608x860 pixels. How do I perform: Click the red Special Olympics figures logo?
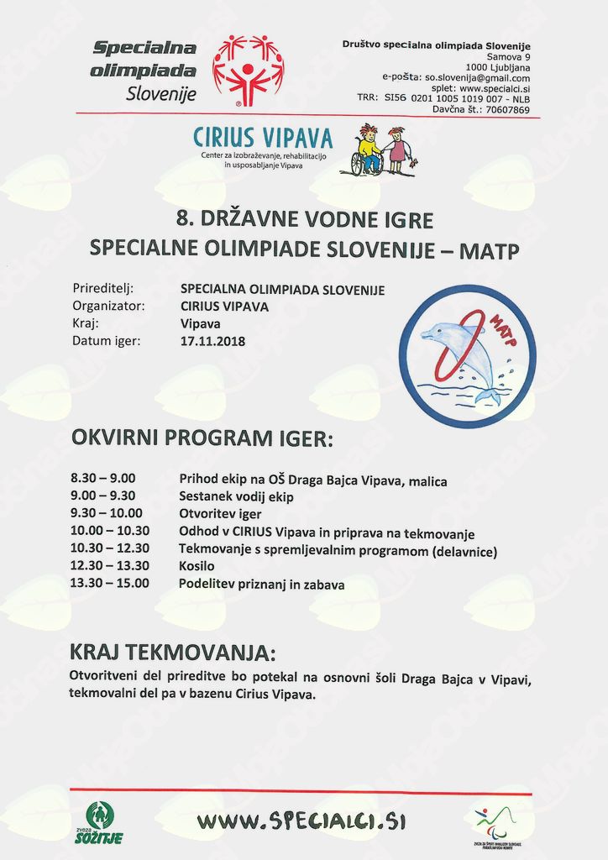tap(248, 70)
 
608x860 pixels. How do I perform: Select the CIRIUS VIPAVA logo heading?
tap(263, 137)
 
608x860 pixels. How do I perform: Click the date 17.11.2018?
tap(207, 342)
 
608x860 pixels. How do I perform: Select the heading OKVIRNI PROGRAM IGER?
tap(202, 438)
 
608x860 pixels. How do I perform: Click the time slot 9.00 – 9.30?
tap(103, 496)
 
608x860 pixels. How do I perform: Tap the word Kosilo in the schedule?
tap(197, 567)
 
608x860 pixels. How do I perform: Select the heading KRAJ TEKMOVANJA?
tap(173, 653)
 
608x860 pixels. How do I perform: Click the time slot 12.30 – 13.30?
tap(110, 566)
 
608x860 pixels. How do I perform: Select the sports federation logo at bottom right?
tap(496, 824)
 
